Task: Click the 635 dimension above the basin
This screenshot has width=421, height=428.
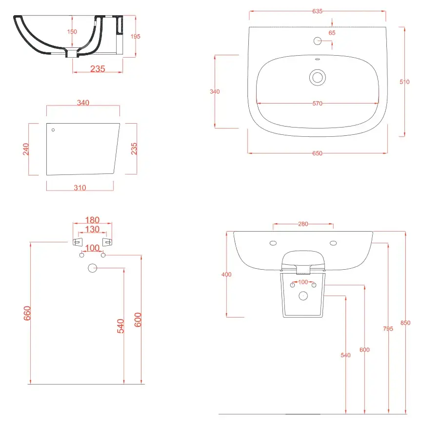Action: [x=317, y=11]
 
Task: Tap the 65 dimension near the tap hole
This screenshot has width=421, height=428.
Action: [x=332, y=33]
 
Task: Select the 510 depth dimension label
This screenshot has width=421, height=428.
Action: [x=404, y=82]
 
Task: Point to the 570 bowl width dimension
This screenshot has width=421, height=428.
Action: [x=317, y=104]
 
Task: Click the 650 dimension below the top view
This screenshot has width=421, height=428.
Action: [x=317, y=153]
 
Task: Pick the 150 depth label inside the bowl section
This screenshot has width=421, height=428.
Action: [x=72, y=32]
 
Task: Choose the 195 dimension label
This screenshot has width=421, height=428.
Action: [x=135, y=37]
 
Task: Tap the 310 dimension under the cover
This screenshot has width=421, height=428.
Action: [x=80, y=188]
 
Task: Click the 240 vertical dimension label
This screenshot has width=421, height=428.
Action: [x=26, y=149]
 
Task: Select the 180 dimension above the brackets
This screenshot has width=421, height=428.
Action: [x=92, y=220]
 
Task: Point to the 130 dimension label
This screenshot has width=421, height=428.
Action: [x=92, y=229]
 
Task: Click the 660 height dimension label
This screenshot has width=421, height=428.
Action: [x=27, y=313]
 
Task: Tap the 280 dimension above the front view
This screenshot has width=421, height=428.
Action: [x=303, y=224]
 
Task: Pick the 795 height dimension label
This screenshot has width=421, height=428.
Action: [x=388, y=329]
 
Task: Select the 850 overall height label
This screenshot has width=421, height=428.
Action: [x=405, y=323]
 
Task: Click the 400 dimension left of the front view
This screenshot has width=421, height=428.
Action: [x=226, y=275]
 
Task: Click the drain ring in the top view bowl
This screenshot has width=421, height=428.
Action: [x=318, y=72]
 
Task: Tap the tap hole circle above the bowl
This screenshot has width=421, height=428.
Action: [x=318, y=38]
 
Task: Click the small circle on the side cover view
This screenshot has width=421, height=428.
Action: [x=53, y=130]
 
